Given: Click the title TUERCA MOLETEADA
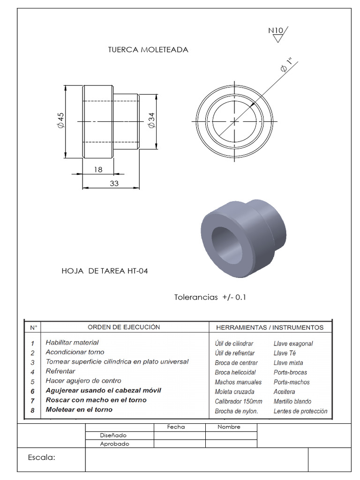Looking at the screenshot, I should (x=148, y=50).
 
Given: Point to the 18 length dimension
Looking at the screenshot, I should (x=97, y=170).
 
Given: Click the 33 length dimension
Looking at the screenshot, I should (x=114, y=184).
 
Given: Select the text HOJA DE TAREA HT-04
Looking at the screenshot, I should (x=105, y=271).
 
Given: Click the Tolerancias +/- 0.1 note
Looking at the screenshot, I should (x=210, y=297).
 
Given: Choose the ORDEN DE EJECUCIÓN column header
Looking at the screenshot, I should (x=124, y=327).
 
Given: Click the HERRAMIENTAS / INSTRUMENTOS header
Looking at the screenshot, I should (x=270, y=327).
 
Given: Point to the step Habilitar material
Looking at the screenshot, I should (x=72, y=343).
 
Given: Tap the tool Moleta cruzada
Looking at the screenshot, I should (x=234, y=392).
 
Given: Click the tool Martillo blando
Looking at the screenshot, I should (x=292, y=402).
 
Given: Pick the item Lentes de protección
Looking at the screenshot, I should (x=300, y=412).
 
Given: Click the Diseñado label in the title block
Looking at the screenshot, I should (x=113, y=435).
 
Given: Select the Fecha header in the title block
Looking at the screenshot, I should (x=176, y=427).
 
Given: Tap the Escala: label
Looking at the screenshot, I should (x=42, y=457).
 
